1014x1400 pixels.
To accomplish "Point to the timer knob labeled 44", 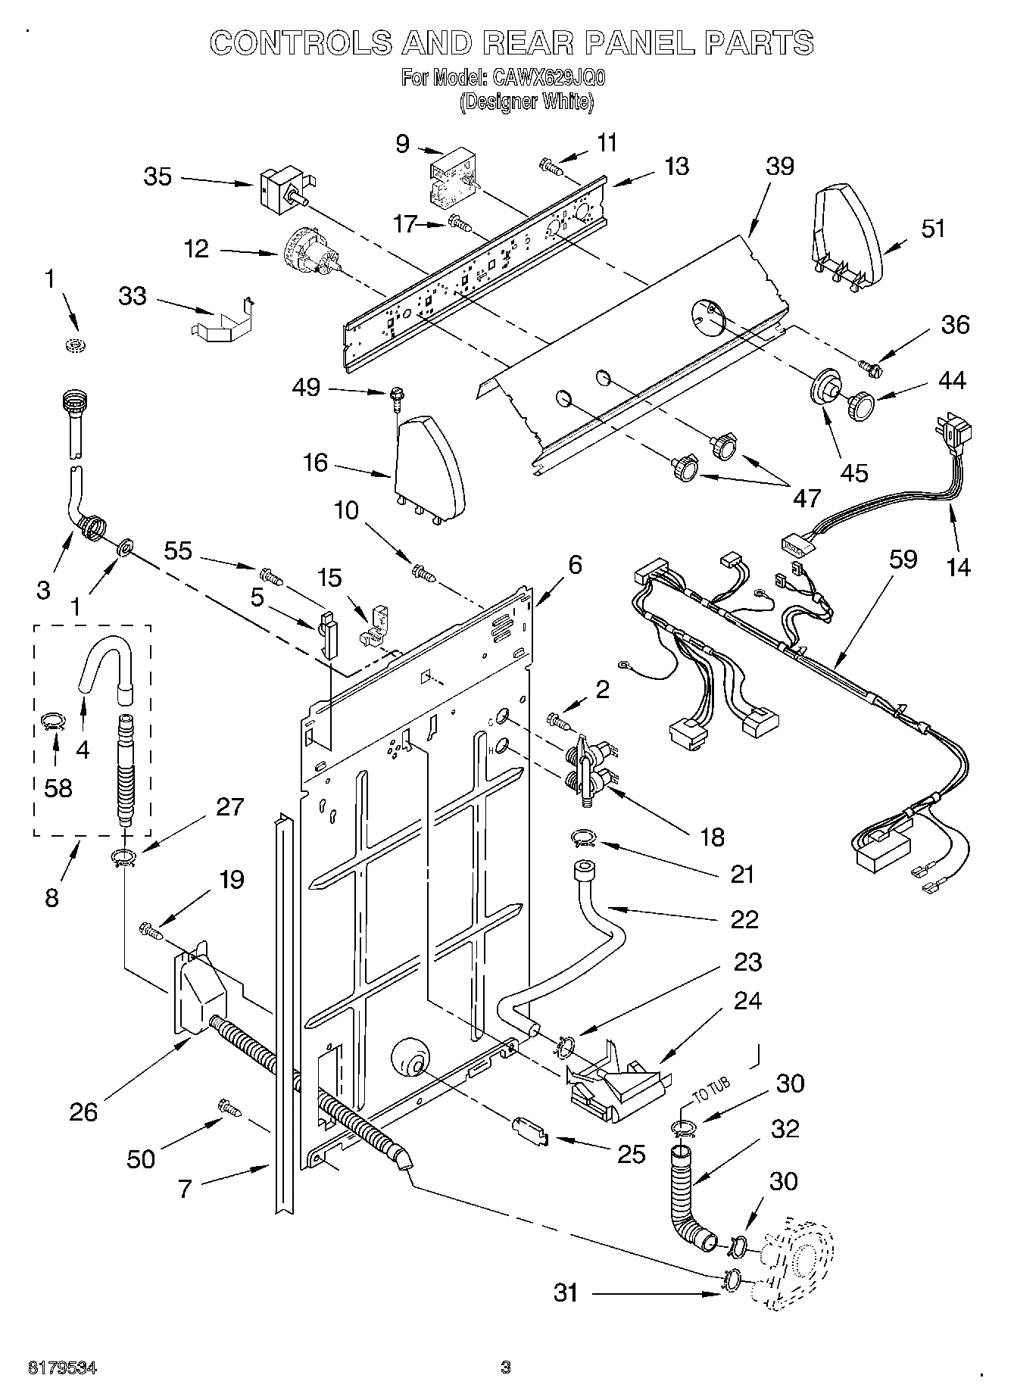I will click(x=861, y=407).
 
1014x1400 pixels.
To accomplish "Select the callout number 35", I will click(x=158, y=176).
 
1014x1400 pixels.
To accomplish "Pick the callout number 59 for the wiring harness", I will click(x=903, y=559).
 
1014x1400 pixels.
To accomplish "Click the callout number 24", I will click(x=747, y=1000).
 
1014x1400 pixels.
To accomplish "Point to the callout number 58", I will click(x=58, y=787).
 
